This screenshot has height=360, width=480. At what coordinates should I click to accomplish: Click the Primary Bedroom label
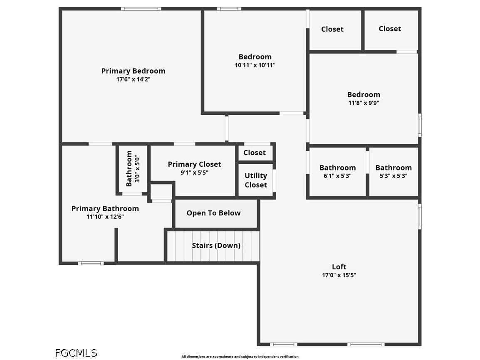pyautogui.click(x=133, y=71)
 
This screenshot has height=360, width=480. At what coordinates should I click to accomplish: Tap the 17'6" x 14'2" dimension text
pyautogui.click(x=133, y=79)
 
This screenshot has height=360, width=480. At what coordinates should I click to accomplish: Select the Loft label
pyautogui.click(x=339, y=267)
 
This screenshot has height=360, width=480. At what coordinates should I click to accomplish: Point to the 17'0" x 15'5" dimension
pyautogui.click(x=339, y=275)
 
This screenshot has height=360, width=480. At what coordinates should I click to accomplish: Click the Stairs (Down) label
pyautogui.click(x=216, y=245)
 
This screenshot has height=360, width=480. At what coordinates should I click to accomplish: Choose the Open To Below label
pyautogui.click(x=214, y=213)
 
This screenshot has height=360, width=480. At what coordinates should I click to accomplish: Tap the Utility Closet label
pyautogui.click(x=256, y=180)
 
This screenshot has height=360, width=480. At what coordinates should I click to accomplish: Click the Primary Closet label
pyautogui.click(x=194, y=164)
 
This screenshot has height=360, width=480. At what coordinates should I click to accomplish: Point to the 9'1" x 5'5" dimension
pyautogui.click(x=194, y=173)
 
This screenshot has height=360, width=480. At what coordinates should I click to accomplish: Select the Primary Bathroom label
pyautogui.click(x=105, y=209)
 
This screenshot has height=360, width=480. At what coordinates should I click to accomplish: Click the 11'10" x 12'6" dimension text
pyautogui.click(x=105, y=217)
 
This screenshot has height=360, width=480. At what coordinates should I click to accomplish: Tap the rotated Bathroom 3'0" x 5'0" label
pyautogui.click(x=133, y=168)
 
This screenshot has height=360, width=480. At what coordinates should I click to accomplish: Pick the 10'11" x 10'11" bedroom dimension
pyautogui.click(x=255, y=65)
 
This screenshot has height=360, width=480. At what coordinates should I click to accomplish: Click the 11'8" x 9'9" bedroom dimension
pyautogui.click(x=364, y=103)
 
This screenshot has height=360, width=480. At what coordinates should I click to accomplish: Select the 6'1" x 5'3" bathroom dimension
pyautogui.click(x=337, y=176)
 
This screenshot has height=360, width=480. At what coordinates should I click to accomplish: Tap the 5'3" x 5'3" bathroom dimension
pyautogui.click(x=393, y=176)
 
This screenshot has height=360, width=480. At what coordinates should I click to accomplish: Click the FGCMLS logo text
pyautogui.click(x=76, y=353)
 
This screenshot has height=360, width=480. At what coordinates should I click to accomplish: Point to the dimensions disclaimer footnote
pyautogui.click(x=240, y=357)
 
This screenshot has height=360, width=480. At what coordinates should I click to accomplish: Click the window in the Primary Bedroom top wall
pyautogui.click(x=141, y=9)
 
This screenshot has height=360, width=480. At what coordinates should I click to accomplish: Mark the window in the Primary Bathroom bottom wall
pyautogui.click(x=91, y=263)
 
